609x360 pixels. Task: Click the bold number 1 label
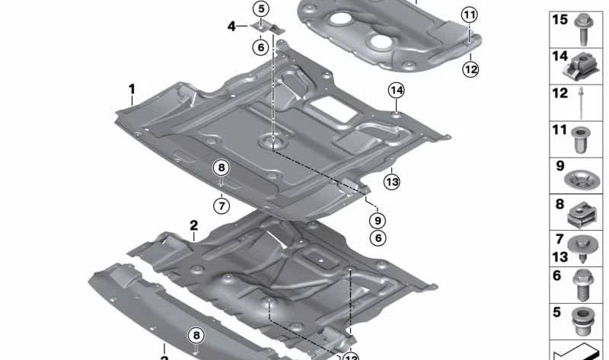pyautogui.click(x=132, y=90)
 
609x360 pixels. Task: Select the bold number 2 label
pyautogui.click(x=193, y=225)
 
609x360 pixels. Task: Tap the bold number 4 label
pyautogui.click(x=231, y=26)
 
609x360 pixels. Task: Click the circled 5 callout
pyautogui.click(x=261, y=9)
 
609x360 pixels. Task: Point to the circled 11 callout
pyautogui.click(x=470, y=14)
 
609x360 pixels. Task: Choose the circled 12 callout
pyautogui.click(x=470, y=69)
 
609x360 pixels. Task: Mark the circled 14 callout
pyautogui.click(x=396, y=91)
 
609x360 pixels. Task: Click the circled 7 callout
pyautogui.click(x=221, y=205)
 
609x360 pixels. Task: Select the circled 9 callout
pyautogui.click(x=375, y=221)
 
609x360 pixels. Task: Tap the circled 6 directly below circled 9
pyautogui.click(x=375, y=238)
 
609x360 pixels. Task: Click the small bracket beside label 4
pyautogui.click(x=266, y=27)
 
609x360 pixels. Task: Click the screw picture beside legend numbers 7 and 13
pyautogui.click(x=585, y=248)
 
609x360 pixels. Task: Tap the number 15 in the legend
pyautogui.click(x=560, y=21)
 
